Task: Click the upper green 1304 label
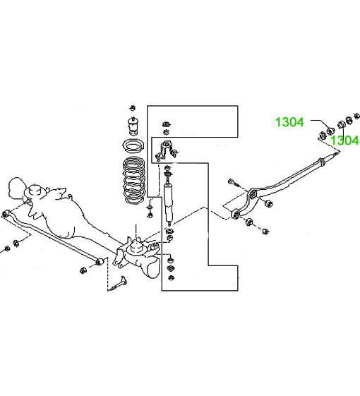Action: click(x=289, y=122)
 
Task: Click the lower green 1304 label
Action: click(x=345, y=140)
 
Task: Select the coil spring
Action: click(x=134, y=179)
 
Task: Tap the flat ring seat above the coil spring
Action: click(x=133, y=146)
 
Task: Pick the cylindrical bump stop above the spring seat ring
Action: click(x=133, y=126)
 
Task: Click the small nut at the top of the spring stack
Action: click(x=133, y=108)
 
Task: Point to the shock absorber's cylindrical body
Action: click(x=169, y=200)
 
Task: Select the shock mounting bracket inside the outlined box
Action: click(x=166, y=150)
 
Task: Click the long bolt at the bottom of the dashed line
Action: click(x=118, y=284)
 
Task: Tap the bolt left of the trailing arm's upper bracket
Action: click(x=234, y=182)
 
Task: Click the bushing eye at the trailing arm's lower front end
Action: click(x=236, y=214)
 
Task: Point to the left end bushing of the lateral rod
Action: click(x=6, y=214)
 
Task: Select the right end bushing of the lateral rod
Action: click(x=100, y=262)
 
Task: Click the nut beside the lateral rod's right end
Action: click(x=83, y=270)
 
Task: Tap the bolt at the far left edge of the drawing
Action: click(x=6, y=249)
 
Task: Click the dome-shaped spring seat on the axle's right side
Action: click(x=136, y=246)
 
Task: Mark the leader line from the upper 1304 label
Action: click(x=320, y=124)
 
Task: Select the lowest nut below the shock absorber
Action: click(x=171, y=278)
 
